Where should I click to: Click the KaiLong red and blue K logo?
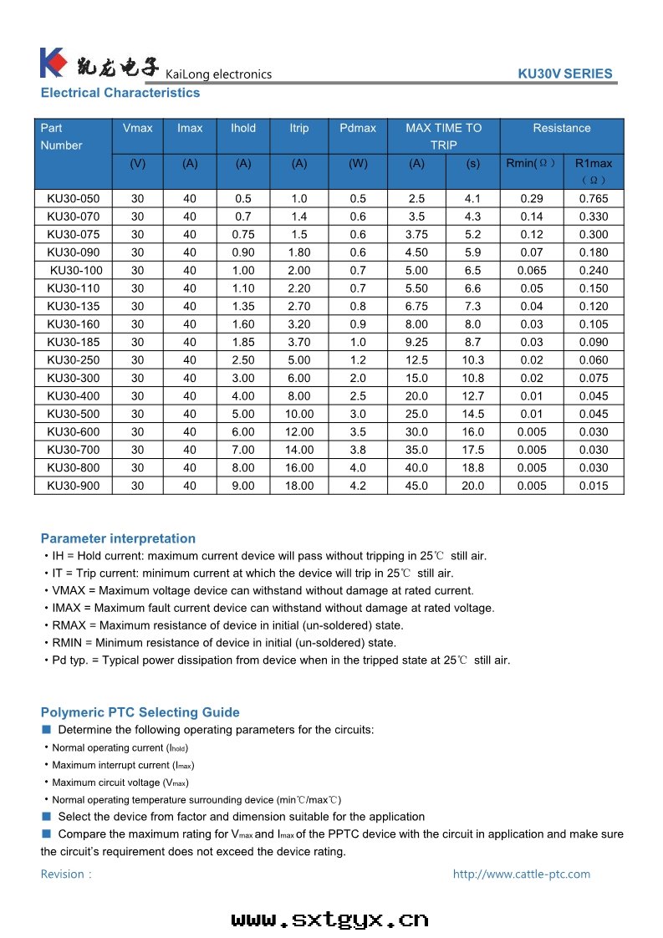coord(52,62)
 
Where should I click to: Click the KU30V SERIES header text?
coord(565,74)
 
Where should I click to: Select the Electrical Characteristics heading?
coord(120,93)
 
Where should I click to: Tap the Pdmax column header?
coord(358,128)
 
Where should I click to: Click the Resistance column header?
coord(561,128)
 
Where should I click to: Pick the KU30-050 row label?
coord(73,199)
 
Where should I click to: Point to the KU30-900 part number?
coord(73,486)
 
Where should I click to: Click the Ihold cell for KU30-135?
coord(243,306)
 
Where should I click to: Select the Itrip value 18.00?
coord(299,486)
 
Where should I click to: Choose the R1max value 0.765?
coord(594,199)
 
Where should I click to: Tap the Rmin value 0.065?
coord(532,270)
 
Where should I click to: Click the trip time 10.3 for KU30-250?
coord(473,360)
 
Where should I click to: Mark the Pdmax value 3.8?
coord(358,450)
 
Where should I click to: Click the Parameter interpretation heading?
coord(118,538)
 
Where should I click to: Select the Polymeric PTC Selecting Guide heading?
coord(140,712)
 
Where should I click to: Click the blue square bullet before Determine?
coord(47,729)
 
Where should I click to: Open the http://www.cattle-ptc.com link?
coord(521,874)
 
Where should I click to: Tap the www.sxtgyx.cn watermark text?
coord(329,920)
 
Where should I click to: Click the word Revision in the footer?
coord(63,874)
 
